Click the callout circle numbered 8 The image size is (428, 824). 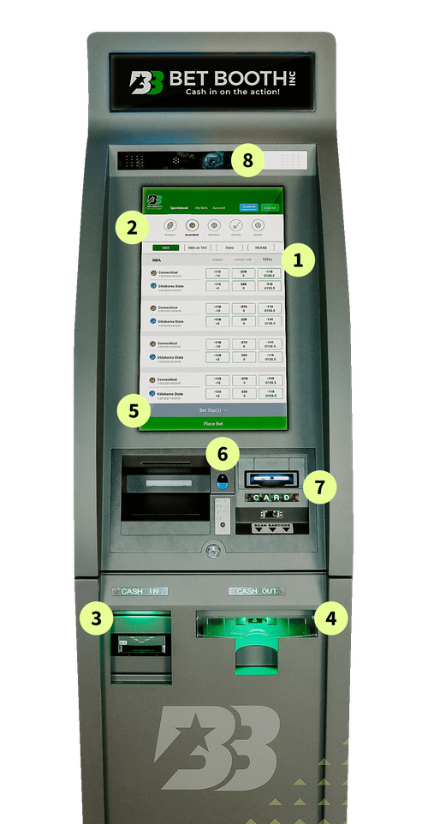[248, 160]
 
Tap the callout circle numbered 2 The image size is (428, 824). [131, 228]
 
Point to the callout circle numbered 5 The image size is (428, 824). [133, 409]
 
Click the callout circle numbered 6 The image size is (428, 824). [222, 451]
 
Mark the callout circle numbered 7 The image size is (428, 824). [319, 487]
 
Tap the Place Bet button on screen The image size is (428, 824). [212, 423]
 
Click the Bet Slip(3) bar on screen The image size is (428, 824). [212, 411]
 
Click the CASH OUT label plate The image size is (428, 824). [258, 591]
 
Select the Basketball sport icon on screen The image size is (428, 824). [193, 226]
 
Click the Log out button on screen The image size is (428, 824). [270, 207]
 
